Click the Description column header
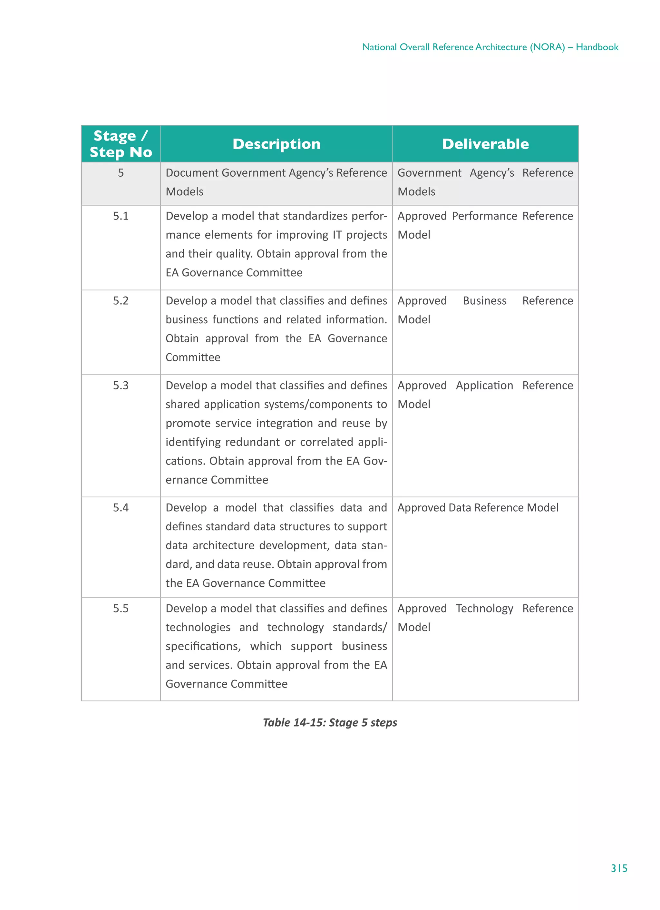277,144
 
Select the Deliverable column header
485,144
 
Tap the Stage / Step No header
121,144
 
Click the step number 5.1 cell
121,216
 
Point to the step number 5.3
121,386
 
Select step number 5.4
121,508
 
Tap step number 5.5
121,609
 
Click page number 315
619,869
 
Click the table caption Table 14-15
330,723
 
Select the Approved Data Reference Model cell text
478,508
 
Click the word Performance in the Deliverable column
484,216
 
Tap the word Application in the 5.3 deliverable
484,386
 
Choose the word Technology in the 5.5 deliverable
484,609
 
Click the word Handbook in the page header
597,47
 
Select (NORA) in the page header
547,47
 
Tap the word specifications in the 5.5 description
203,646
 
